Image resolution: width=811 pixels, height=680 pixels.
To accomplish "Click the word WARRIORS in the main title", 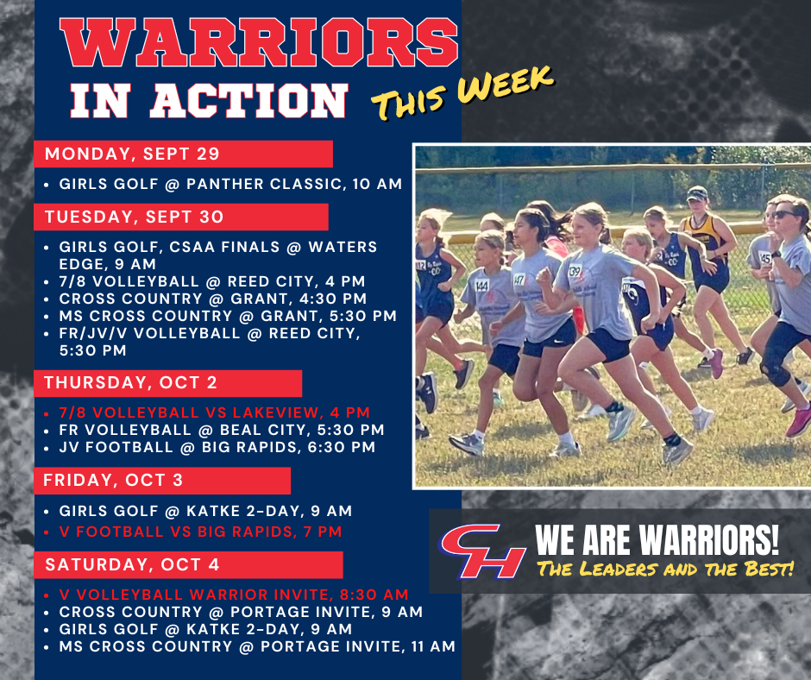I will (259, 45).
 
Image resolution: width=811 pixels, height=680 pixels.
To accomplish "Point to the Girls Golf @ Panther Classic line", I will (230, 184).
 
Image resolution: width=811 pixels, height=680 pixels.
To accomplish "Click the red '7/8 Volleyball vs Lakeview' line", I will (214, 412).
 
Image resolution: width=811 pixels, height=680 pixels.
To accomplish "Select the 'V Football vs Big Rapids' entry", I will (200, 532).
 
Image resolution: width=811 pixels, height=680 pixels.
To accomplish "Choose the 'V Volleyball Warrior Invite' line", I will (233, 595).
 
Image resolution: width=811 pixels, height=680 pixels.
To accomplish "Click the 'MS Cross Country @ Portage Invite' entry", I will (256, 646).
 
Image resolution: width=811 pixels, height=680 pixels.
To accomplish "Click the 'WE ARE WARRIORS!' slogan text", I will (657, 541).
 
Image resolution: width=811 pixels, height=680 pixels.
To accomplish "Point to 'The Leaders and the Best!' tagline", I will (664, 570).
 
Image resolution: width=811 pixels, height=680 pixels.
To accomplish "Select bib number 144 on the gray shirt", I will (481, 284).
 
